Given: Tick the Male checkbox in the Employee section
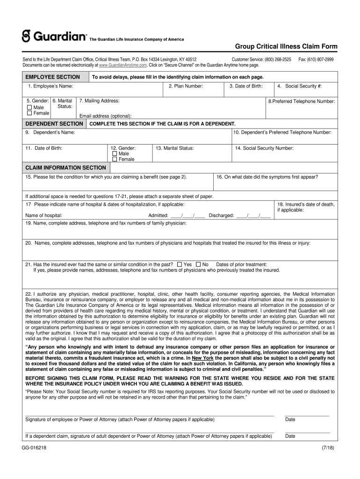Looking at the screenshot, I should (x=29, y=107).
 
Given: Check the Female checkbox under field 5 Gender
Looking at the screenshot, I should (x=29, y=113).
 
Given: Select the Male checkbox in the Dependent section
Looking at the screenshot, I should (x=115, y=153).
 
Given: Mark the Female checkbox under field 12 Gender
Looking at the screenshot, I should (x=115, y=159).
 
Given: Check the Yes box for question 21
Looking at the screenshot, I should (x=180, y=264).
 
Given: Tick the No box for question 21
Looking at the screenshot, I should (x=198, y=264).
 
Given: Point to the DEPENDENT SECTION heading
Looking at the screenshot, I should (x=54, y=123).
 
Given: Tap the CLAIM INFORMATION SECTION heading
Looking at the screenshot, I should (x=65, y=167).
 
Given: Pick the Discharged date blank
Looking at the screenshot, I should (x=253, y=216).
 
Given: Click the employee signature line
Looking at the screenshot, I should (x=149, y=414).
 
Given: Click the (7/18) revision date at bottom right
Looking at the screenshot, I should (x=328, y=448).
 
